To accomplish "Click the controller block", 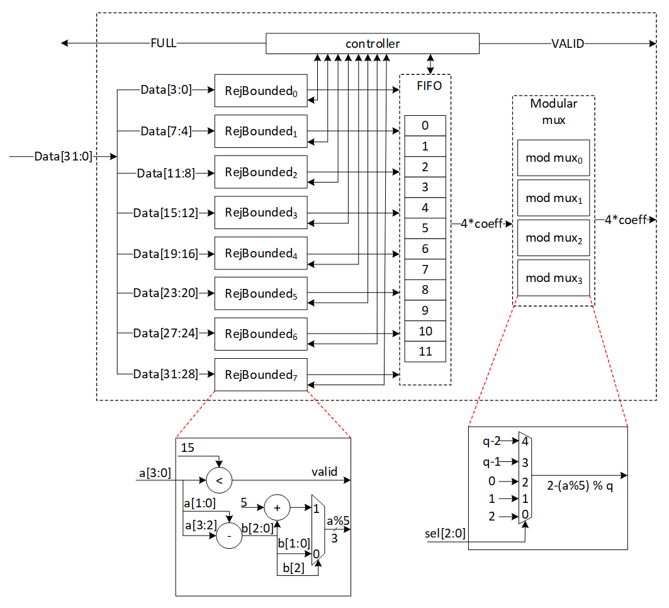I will pyautogui.click(x=372, y=44).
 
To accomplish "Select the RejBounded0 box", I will pyautogui.click(x=261, y=91).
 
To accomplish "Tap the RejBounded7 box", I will pyautogui.click(x=261, y=375).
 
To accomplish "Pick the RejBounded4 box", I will pyautogui.click(x=261, y=254).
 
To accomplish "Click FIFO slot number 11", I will pyautogui.click(x=425, y=351).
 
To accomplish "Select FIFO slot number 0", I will pyautogui.click(x=425, y=126).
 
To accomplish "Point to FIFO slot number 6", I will pyautogui.click(x=425, y=249).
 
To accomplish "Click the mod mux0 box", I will pyautogui.click(x=553, y=158).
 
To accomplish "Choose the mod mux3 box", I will pyautogui.click(x=553, y=278).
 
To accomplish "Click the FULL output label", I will pyautogui.click(x=163, y=43).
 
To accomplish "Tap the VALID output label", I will pyautogui.click(x=568, y=43).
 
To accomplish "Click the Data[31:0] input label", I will pyautogui.click(x=63, y=156).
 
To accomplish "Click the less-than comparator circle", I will pyautogui.click(x=219, y=481).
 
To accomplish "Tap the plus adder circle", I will pyautogui.click(x=276, y=505).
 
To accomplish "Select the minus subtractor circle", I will pyautogui.click(x=228, y=536).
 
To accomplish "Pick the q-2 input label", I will pyautogui.click(x=492, y=441).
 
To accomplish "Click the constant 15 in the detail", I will pyautogui.click(x=188, y=448).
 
